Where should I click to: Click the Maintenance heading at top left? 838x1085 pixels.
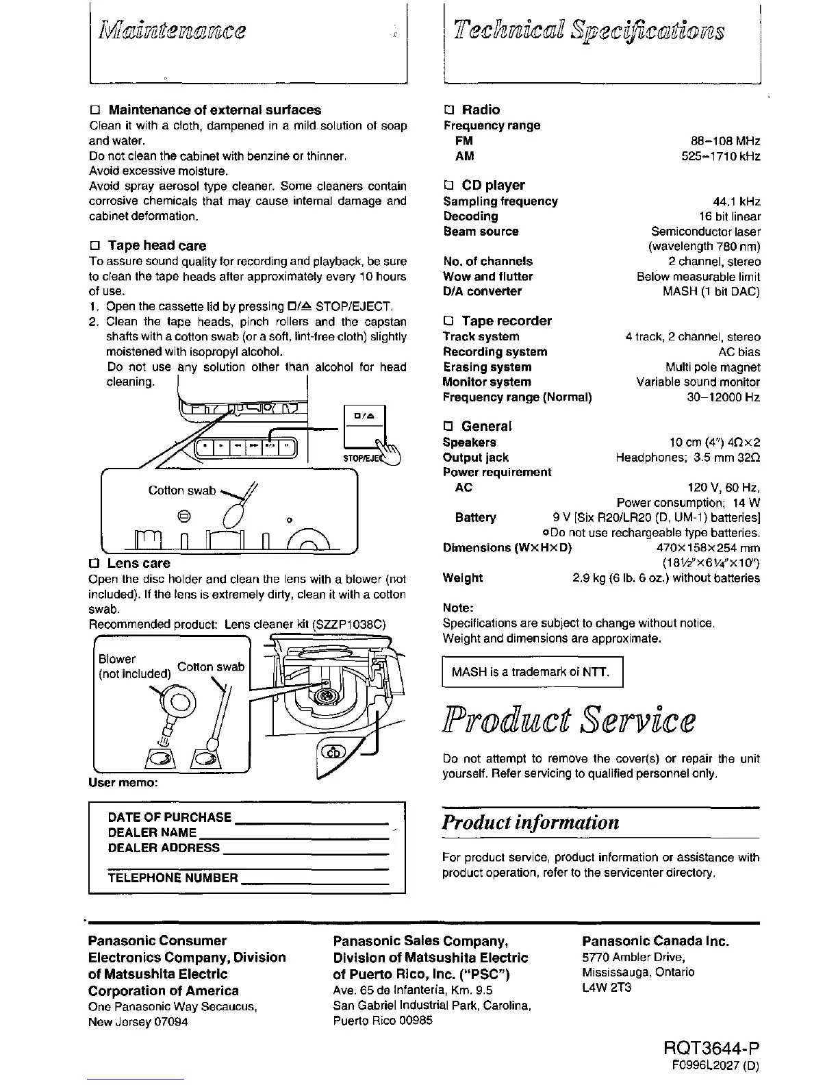pos(173,30)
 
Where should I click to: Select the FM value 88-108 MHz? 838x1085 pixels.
pos(725,141)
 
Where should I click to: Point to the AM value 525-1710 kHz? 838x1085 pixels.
pos(720,156)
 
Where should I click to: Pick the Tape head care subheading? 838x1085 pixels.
pos(156,245)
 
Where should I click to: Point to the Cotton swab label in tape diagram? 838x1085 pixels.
pos(181,490)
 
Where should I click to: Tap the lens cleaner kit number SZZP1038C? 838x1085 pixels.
pos(349,624)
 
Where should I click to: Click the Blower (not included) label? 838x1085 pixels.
pos(134,666)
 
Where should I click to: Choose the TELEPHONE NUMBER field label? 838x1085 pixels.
pos(173,878)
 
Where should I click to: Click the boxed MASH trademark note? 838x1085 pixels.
pos(533,672)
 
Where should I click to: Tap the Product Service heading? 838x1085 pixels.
pos(569,721)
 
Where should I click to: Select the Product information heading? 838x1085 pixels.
pos(531,822)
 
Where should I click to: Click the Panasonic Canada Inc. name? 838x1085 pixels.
pos(655,941)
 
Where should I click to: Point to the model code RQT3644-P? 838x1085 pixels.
pos(711,1049)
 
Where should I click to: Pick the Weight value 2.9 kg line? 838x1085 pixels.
pos(665,578)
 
